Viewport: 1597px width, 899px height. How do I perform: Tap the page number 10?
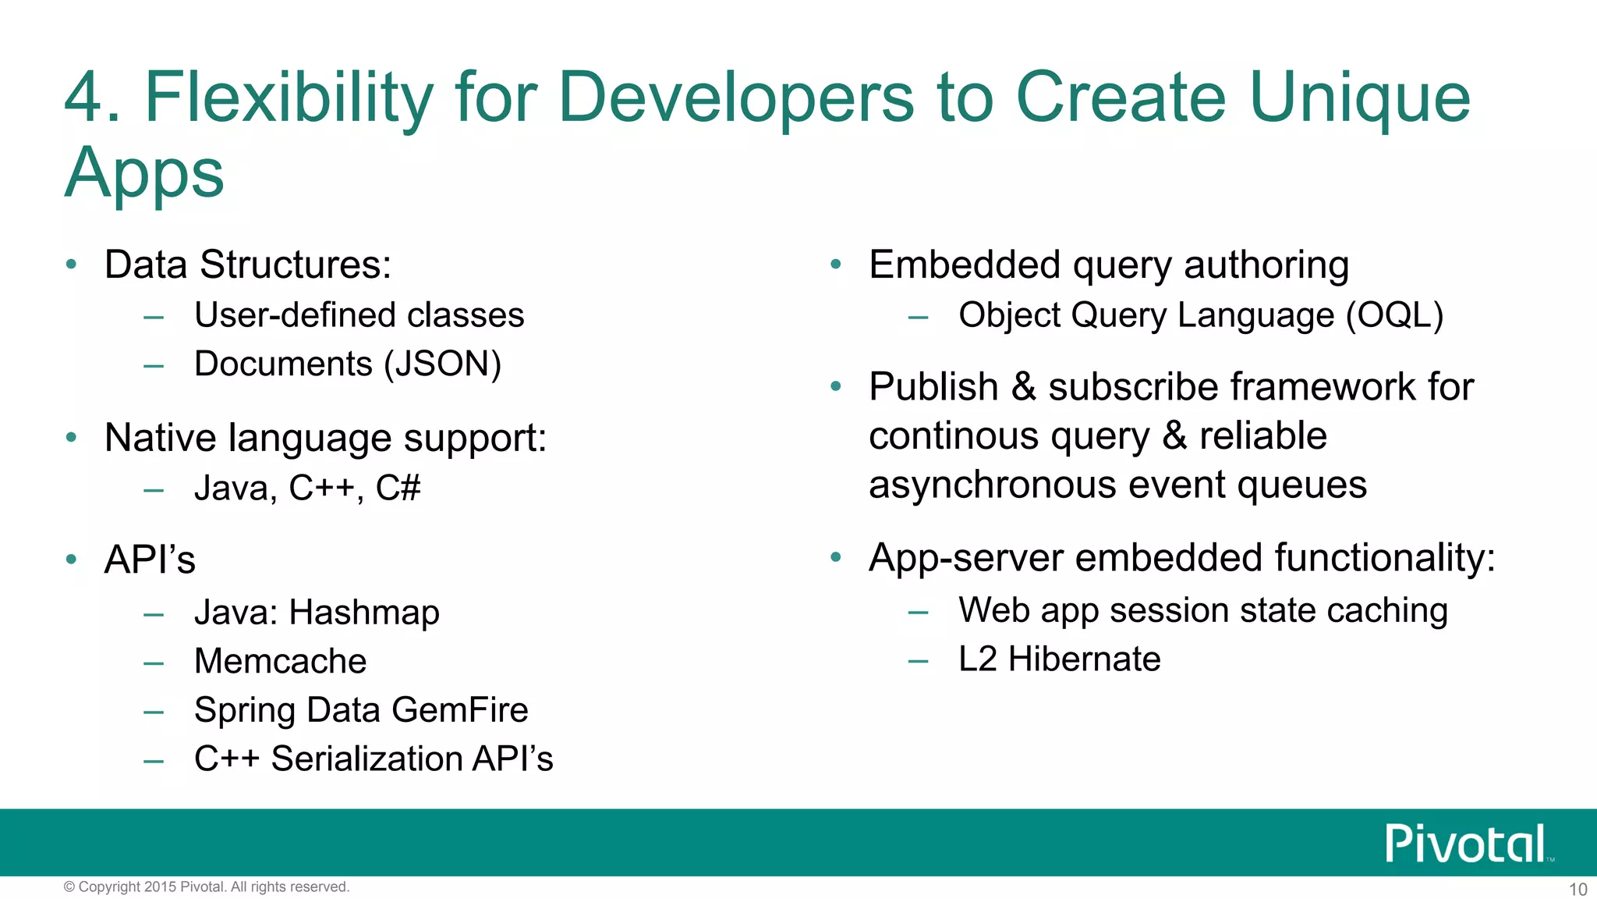click(x=1578, y=889)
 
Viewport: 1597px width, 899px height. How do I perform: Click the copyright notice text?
click(x=207, y=887)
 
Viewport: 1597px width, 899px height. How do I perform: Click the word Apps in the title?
click(x=144, y=173)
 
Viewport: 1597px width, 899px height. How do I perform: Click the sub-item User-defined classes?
click(x=359, y=315)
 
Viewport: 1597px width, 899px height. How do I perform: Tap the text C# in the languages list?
click(x=398, y=489)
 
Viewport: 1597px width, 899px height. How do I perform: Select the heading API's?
click(x=150, y=560)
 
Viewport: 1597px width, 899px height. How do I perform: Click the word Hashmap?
click(x=364, y=613)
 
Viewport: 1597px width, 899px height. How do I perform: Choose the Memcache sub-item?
click(x=280, y=661)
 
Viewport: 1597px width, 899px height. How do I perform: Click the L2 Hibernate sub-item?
click(x=1059, y=659)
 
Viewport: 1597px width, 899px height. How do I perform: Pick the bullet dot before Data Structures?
click(x=72, y=265)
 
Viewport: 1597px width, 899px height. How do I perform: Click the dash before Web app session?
click(x=918, y=613)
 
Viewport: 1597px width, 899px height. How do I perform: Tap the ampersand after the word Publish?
click(x=1023, y=387)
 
